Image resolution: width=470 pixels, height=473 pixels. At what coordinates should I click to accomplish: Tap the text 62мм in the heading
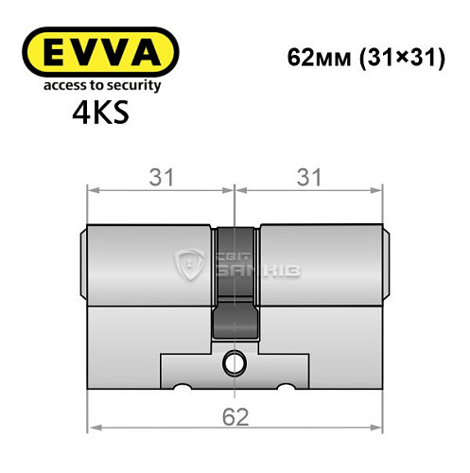pos(317,56)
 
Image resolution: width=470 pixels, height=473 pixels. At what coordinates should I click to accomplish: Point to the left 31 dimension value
pos(162,177)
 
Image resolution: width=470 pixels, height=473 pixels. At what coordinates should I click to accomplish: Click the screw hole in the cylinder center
pos(234,360)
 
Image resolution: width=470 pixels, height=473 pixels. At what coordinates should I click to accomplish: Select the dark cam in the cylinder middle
pos(235,284)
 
